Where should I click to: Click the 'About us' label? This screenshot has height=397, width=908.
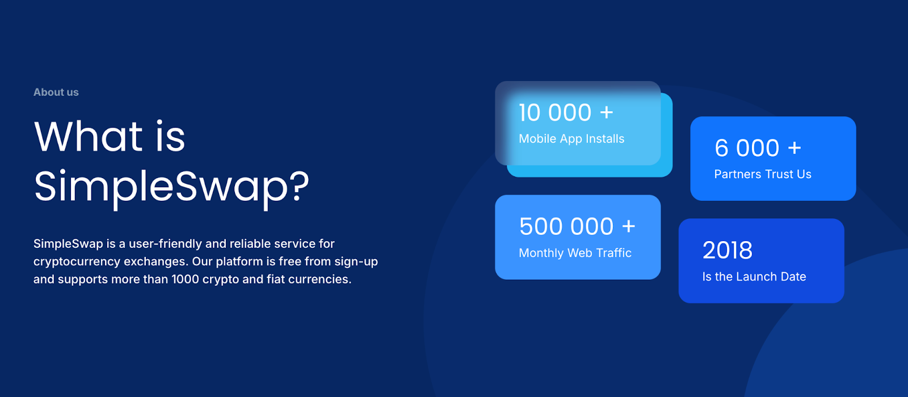pyautogui.click(x=56, y=92)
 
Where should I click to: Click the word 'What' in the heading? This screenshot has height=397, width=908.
pyautogui.click(x=89, y=137)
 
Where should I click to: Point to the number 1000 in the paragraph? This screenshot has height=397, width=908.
pyautogui.click(x=184, y=279)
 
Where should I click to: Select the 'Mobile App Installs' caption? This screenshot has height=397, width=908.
pyautogui.click(x=571, y=139)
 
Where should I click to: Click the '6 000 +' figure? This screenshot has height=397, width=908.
pyautogui.click(x=758, y=149)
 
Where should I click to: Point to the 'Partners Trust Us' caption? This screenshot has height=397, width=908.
pyautogui.click(x=763, y=175)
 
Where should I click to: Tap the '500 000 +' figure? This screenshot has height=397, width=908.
pyautogui.click(x=577, y=227)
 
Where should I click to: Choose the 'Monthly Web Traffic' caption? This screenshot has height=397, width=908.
pyautogui.click(x=575, y=253)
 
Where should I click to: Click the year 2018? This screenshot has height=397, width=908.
pyautogui.click(x=728, y=251)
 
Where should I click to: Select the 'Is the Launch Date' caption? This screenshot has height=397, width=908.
pyautogui.click(x=754, y=277)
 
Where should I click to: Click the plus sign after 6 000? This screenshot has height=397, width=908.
pyautogui.click(x=794, y=149)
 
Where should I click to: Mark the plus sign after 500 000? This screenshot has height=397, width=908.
pyautogui.click(x=628, y=227)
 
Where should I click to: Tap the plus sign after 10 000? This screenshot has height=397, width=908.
pyautogui.click(x=607, y=113)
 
